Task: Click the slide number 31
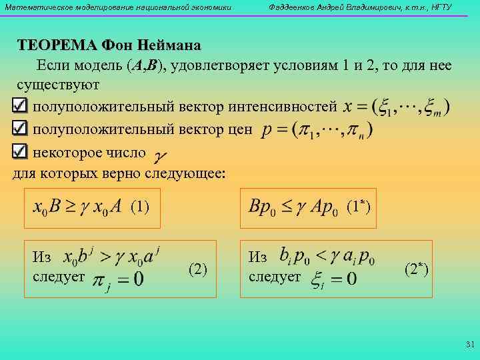pyautogui.click(x=469, y=345)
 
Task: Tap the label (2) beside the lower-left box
pyautogui.click(x=199, y=269)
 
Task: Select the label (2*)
pyautogui.click(x=417, y=269)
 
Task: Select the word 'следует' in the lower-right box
pyautogui.click(x=274, y=277)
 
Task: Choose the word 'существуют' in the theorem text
pyautogui.click(x=58, y=85)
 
